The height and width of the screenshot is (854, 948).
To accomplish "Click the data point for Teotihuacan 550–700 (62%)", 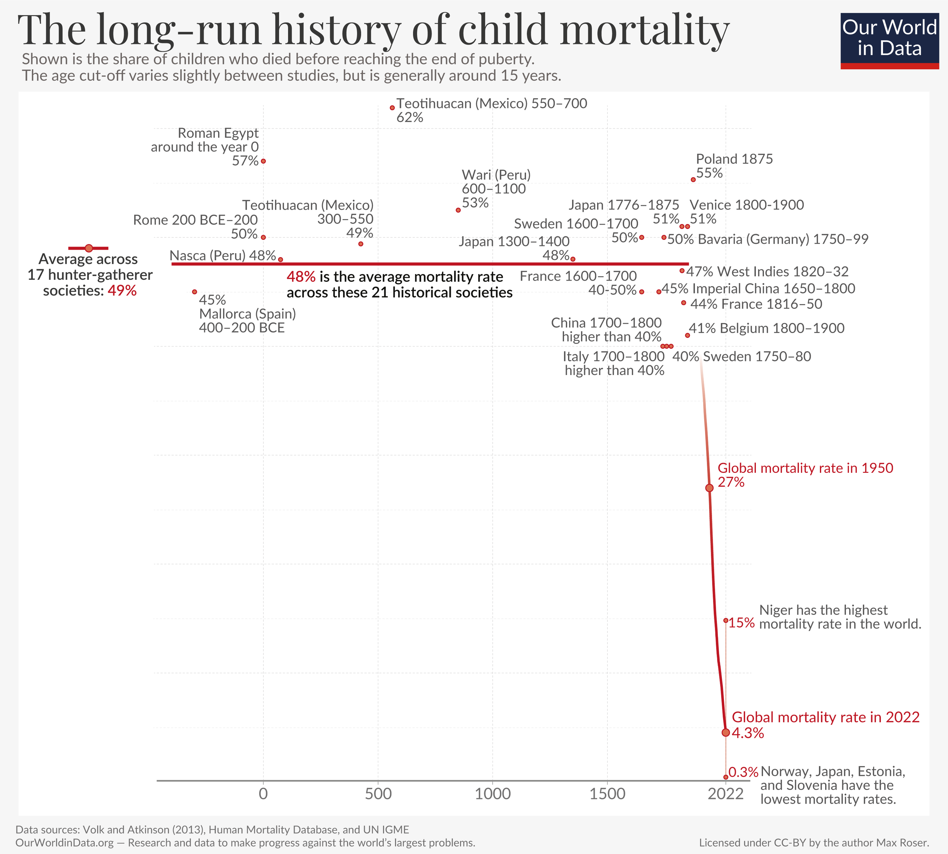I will tap(392, 108).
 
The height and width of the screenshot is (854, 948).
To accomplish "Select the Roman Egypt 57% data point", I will tap(263, 161).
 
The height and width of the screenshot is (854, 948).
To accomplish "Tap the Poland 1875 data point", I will tap(693, 180).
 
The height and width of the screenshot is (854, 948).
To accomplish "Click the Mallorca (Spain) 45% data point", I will tap(195, 292).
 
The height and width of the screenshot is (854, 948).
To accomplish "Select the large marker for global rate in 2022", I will tap(726, 732).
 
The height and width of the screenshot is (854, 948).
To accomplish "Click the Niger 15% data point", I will tap(726, 620).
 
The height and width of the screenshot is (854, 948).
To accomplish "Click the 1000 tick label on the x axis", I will tap(492, 794).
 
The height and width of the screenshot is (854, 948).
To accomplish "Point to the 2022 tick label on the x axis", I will tap(726, 794).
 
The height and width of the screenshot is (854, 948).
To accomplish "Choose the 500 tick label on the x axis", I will tap(378, 794).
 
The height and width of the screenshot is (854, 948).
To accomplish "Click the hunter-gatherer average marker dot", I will tap(89, 248).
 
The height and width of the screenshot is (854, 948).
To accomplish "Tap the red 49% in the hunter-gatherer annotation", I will tap(122, 291).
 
